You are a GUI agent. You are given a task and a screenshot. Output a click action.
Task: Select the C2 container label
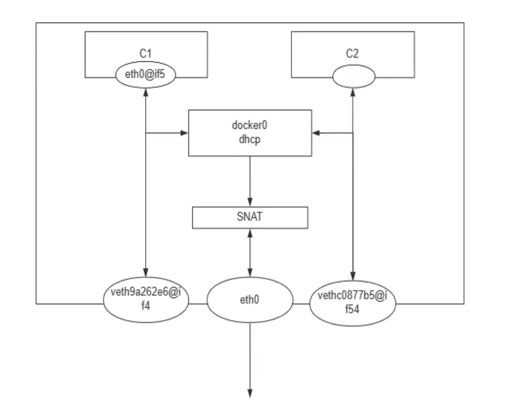(x=353, y=53)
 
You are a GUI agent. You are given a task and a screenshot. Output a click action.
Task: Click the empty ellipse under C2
(x=353, y=77)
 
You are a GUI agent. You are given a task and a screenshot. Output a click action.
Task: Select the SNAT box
(x=250, y=217)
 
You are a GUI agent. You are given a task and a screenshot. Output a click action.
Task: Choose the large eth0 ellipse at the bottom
(x=250, y=300)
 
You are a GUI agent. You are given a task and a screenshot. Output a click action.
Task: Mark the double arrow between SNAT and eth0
(x=250, y=252)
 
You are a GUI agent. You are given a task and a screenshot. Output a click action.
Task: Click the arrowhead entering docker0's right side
(x=316, y=133)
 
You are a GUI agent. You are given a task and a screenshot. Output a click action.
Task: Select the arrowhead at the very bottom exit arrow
(x=250, y=393)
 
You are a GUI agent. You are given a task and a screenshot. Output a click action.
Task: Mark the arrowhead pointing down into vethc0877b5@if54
(x=353, y=277)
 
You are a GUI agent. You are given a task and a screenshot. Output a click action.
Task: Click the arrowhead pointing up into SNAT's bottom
(x=250, y=232)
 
